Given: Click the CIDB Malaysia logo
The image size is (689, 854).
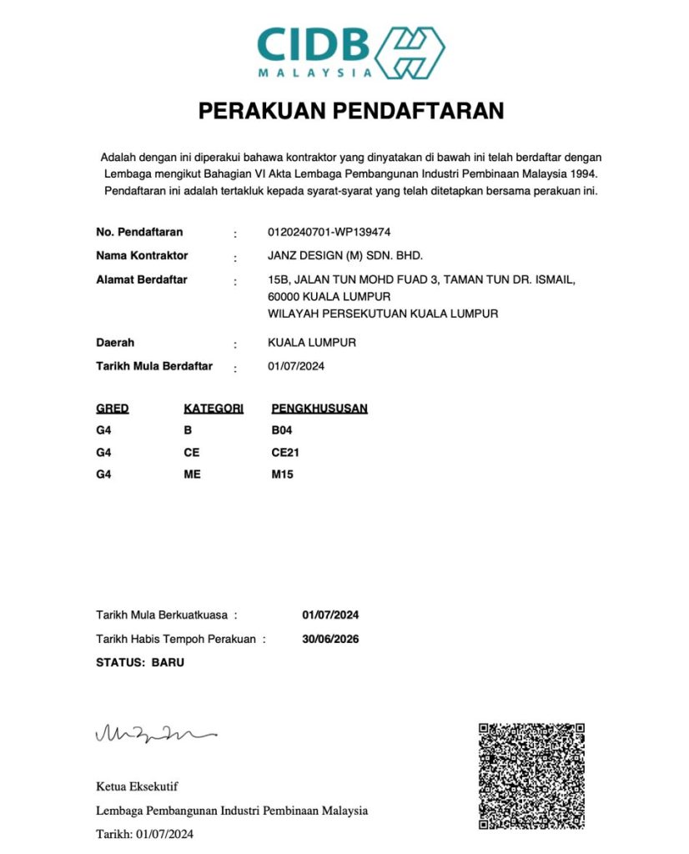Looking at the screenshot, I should point(350,51).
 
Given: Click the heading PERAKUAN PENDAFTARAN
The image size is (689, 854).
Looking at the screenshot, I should point(350,111).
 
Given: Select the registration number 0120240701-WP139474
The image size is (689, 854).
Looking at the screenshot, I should point(329,232).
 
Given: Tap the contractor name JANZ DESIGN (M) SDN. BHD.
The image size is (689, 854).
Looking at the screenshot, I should point(339,255).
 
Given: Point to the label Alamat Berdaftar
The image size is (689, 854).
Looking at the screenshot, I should point(142,279).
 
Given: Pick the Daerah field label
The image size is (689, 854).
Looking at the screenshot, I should point(115,343).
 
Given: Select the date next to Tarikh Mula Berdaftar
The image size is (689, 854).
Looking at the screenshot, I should point(294,366).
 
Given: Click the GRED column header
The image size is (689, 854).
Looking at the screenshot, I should point(113,409).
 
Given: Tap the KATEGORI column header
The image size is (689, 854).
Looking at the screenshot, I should point(214,409).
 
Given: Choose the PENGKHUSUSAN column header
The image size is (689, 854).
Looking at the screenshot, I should point(319,409).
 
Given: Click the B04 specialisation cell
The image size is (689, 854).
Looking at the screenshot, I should point(283,431).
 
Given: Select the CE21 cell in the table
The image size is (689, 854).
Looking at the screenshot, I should point(285,453).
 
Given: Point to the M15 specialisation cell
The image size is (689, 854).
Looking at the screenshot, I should point(283,475).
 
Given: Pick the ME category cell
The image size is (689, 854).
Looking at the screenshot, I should point(192,475).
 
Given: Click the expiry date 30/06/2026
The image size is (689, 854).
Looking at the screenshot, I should point(330,640).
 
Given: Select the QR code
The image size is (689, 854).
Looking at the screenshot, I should point(531,776).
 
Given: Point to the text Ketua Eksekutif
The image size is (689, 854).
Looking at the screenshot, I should point(137,786).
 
